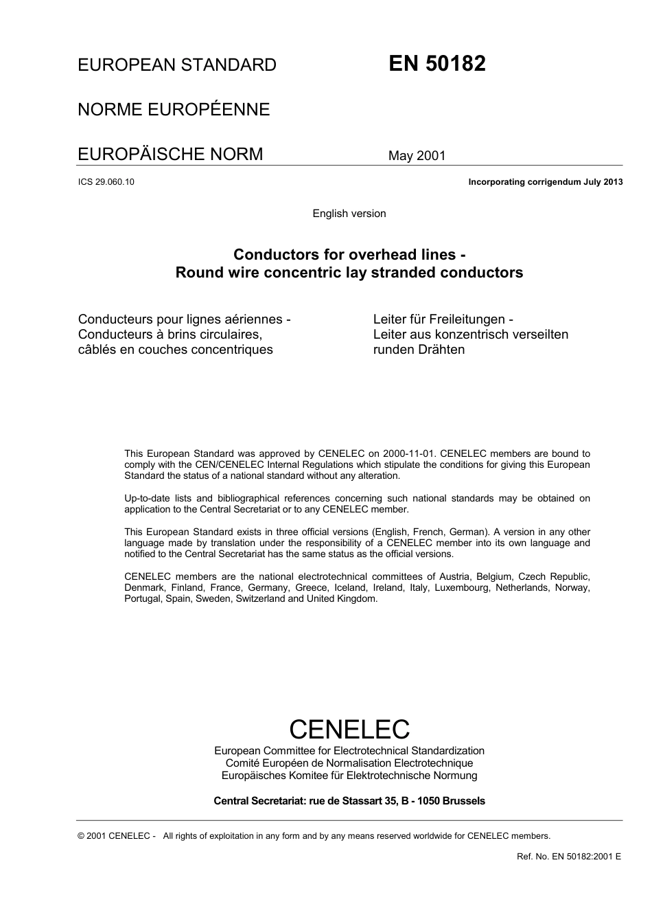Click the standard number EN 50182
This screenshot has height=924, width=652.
[437, 64]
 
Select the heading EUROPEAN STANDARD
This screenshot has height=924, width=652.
[177, 65]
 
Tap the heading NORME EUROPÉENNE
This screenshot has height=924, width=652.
[174, 110]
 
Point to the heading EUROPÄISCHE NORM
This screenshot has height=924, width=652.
[170, 154]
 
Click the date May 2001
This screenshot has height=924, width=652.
[417, 156]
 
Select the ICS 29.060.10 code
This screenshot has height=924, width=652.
[106, 182]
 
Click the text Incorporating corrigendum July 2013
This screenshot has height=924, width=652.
[545, 182]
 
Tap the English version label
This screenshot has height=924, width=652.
[349, 214]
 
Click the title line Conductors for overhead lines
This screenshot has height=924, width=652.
[349, 255]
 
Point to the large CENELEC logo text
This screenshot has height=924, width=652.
[349, 729]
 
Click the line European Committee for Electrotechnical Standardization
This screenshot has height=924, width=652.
[349, 751]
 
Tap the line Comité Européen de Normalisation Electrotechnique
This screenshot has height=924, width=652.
[349, 763]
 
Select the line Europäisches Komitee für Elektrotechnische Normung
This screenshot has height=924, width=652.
[349, 776]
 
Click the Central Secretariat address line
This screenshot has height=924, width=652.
[349, 801]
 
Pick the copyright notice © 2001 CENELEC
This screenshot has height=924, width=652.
[117, 836]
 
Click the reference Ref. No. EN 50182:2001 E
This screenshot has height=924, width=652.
[568, 857]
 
